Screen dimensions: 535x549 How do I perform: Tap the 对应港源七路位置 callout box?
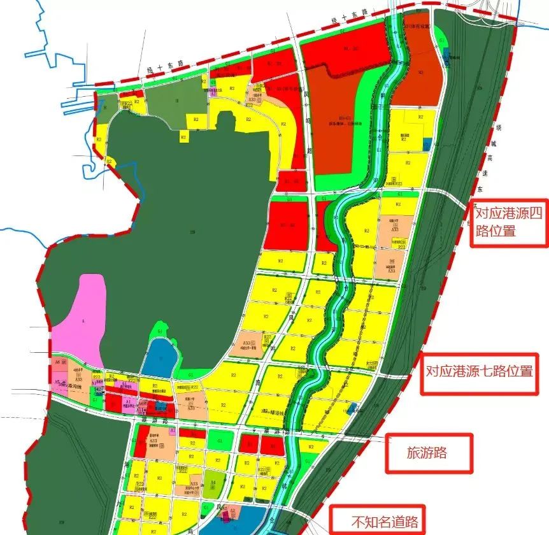point(478,370)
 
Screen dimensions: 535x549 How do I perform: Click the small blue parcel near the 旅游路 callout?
point(353,408)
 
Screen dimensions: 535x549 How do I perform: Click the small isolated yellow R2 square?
point(183,136)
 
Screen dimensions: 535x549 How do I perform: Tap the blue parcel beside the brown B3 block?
point(446,55)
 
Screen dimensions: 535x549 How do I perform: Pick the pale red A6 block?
point(61,363)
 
